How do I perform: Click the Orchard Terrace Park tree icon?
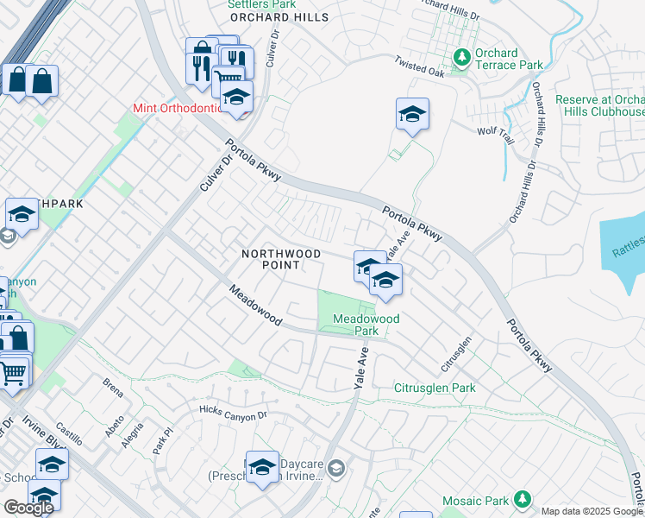tap(462, 56)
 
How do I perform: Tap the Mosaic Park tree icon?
tap(521, 499)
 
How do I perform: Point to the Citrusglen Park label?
tap(435, 388)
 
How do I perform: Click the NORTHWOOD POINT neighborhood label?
tap(281, 259)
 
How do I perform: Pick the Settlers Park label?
tap(255, 4)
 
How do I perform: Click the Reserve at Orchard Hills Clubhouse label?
tap(600, 106)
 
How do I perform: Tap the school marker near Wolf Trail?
tap(412, 114)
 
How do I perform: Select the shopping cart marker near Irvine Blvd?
tap(12, 373)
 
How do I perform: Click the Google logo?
tap(28, 508)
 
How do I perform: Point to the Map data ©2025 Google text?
tap(591, 511)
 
